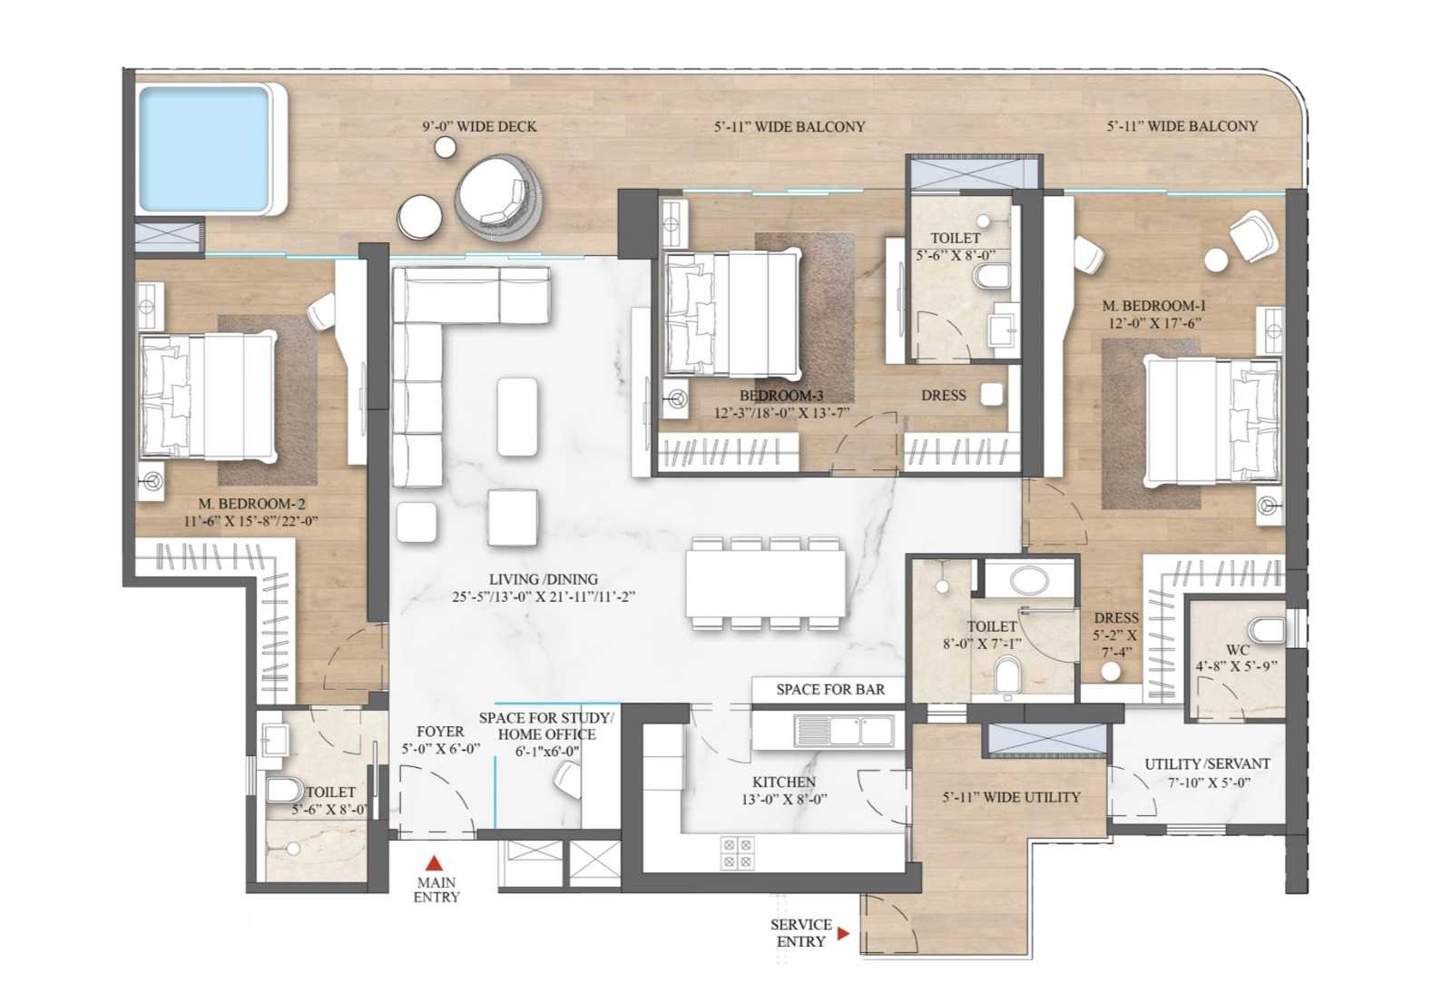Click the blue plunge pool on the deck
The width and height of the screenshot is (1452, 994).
(x=203, y=149)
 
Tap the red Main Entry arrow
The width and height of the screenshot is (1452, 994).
(x=434, y=863)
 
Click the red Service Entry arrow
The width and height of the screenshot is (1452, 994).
(x=843, y=933)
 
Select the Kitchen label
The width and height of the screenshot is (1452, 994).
(x=784, y=782)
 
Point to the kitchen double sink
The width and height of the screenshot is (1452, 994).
(x=845, y=731)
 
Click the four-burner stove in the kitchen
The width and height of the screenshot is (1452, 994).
(x=738, y=852)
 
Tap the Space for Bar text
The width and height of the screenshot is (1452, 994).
(x=830, y=689)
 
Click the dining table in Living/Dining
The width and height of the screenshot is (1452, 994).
(x=766, y=583)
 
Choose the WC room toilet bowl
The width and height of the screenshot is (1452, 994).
(x=1268, y=630)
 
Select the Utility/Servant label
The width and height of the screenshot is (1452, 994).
(x=1207, y=763)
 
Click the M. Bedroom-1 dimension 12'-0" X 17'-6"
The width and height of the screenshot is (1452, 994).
(x=1154, y=322)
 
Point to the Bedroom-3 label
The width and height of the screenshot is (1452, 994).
(x=781, y=396)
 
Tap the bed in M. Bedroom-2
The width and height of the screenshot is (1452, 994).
(x=208, y=397)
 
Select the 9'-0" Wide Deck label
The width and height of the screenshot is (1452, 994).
(x=480, y=126)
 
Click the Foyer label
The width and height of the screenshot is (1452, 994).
(x=440, y=732)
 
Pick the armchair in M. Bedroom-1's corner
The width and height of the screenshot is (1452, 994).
(x=1254, y=237)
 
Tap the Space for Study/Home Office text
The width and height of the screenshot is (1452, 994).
(x=545, y=726)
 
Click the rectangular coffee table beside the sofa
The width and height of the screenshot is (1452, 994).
(x=516, y=417)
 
